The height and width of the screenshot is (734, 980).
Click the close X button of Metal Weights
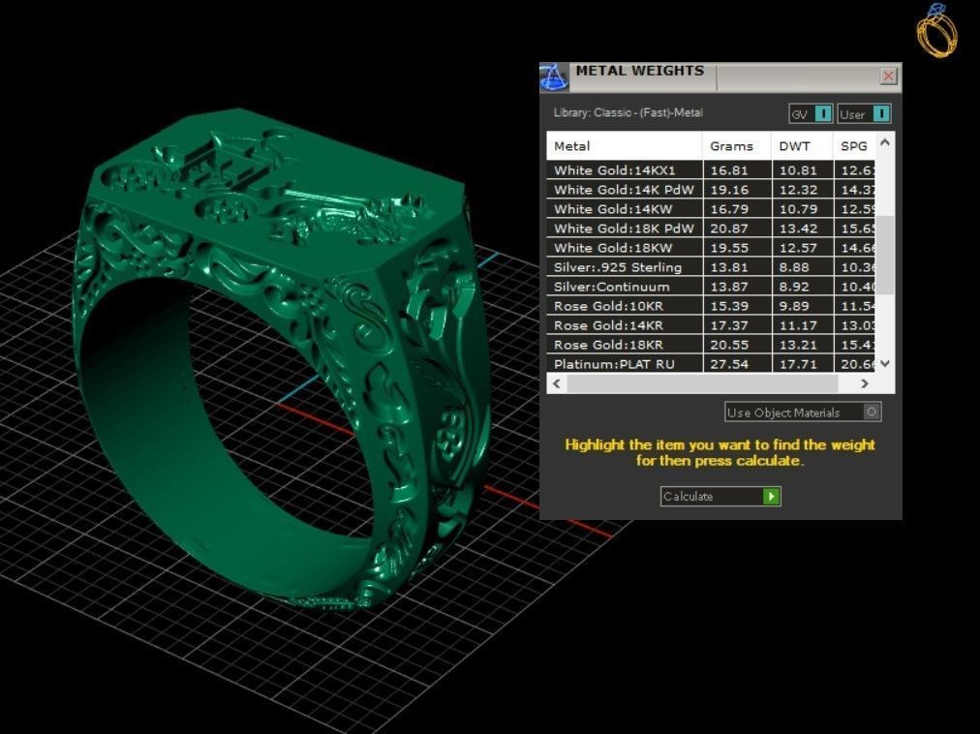coord(888,76)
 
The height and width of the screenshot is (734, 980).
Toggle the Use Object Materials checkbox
coord(871,412)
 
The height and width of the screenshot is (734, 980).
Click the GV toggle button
coord(822,114)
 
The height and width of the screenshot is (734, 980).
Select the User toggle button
coord(880,114)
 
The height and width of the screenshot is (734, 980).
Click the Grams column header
coord(731,146)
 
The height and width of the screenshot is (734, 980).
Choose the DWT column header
coord(794,146)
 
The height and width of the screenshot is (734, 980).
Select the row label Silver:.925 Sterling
coord(618,267)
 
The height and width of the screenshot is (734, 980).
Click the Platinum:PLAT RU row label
coord(614,364)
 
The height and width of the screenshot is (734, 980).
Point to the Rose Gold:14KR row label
coord(608,325)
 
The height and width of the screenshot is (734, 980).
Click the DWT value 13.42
coord(797,229)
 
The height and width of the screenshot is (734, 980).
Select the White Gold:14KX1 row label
coord(614,170)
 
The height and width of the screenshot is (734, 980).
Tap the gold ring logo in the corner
coord(936,30)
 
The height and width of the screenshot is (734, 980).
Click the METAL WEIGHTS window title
coord(640,72)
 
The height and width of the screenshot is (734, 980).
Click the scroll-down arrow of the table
coord(885,363)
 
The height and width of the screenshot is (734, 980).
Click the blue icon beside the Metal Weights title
coord(553,76)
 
